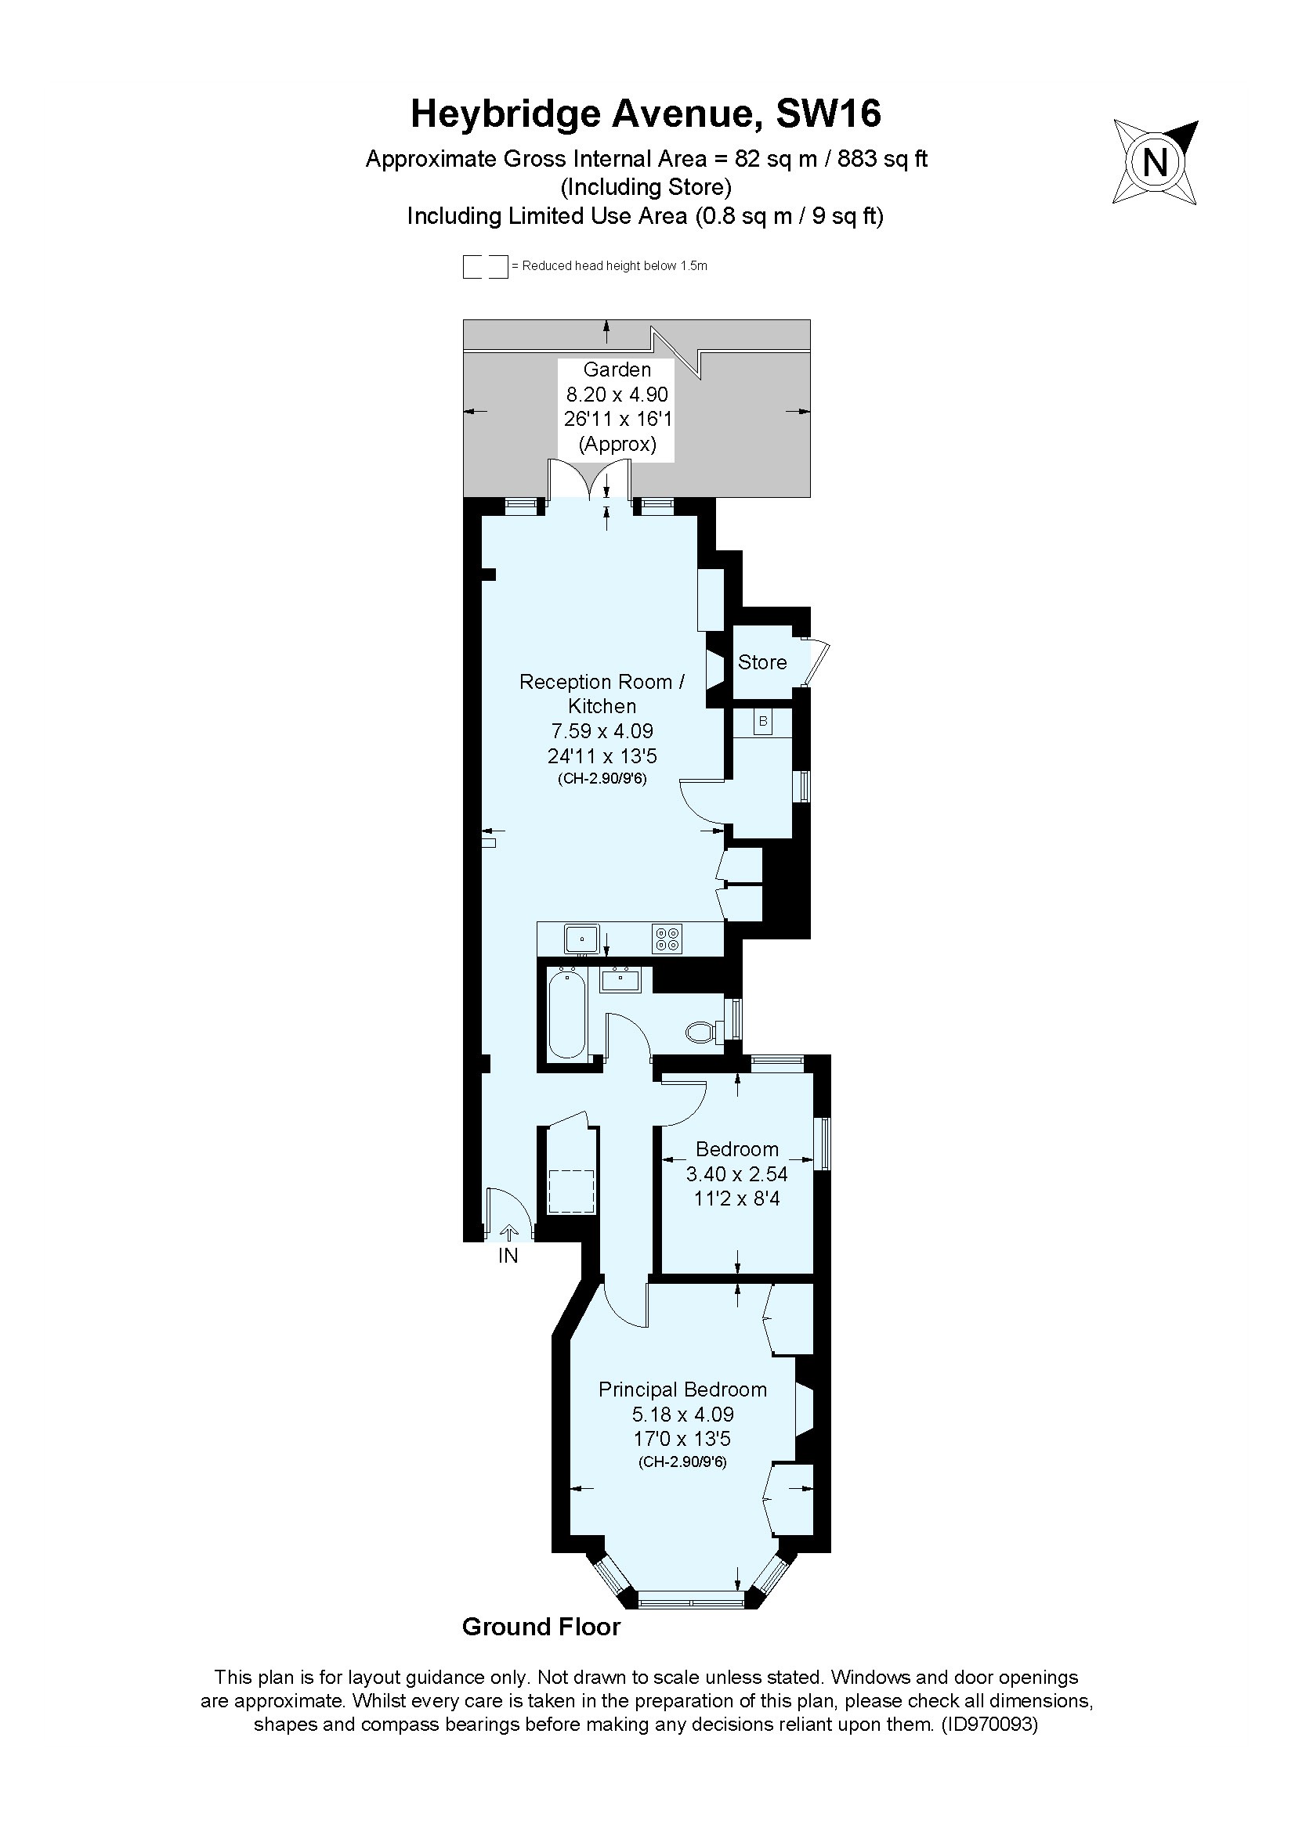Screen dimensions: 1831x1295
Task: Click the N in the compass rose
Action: tap(1155, 163)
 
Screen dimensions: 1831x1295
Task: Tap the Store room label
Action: tap(761, 662)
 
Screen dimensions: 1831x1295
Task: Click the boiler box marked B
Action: tap(763, 722)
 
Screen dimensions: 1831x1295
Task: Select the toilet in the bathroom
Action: tap(700, 1033)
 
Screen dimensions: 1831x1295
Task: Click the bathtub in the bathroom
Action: tap(566, 1014)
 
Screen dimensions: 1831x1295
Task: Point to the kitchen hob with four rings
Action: tap(667, 939)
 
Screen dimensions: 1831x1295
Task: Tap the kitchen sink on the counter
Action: tap(581, 938)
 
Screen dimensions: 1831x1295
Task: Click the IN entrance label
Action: tap(508, 1256)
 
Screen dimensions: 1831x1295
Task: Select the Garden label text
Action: tap(617, 369)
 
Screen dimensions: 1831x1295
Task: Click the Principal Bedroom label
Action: tap(682, 1389)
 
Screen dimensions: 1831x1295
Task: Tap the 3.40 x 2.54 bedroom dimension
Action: tap(736, 1174)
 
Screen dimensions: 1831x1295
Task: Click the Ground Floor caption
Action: tap(541, 1627)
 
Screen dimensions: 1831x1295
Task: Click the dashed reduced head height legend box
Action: tap(485, 266)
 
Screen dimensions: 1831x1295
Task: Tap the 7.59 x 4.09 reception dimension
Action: tap(602, 730)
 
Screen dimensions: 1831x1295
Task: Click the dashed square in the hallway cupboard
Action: tap(571, 1191)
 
